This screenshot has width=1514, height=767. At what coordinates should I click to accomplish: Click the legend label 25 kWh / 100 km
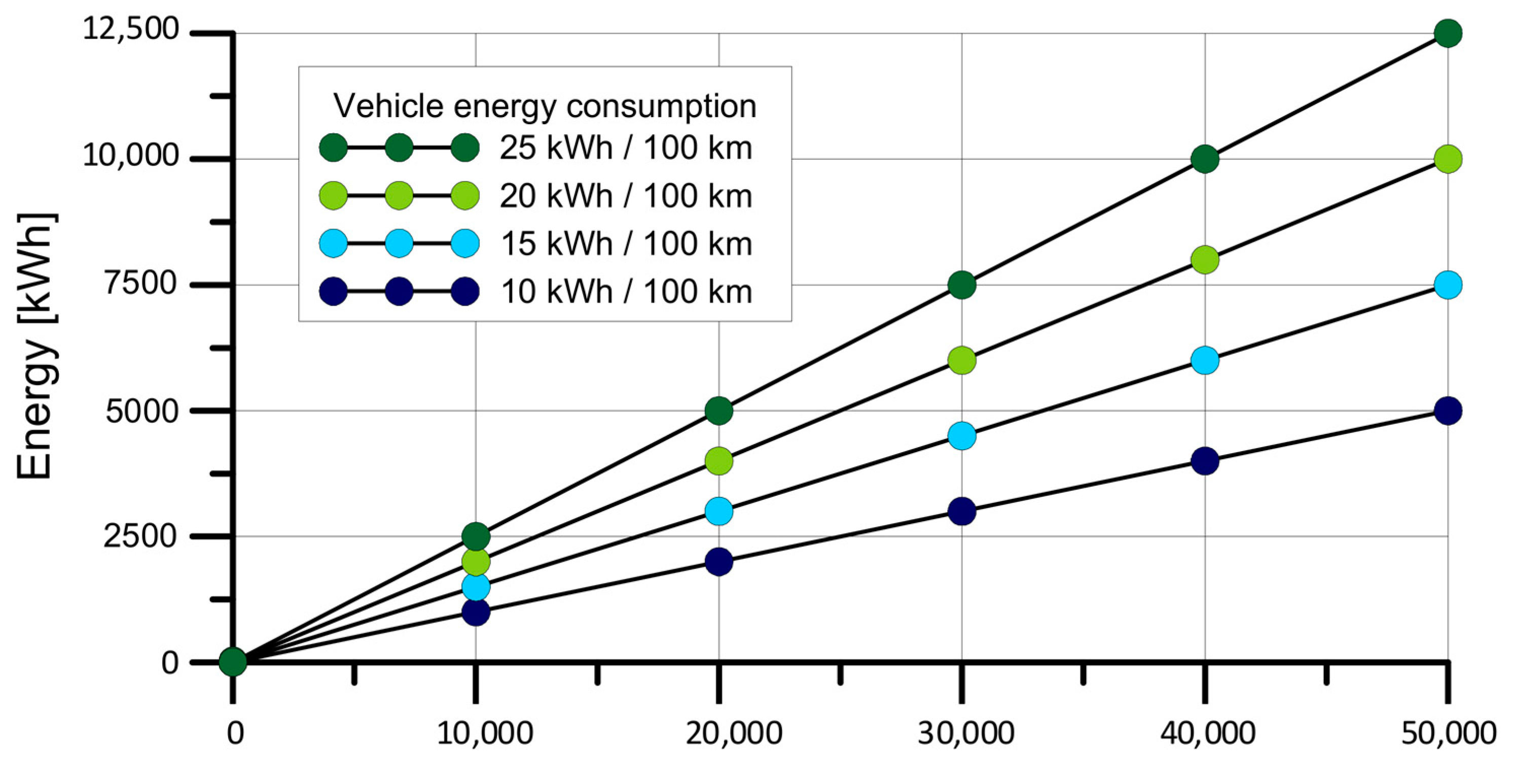(625, 148)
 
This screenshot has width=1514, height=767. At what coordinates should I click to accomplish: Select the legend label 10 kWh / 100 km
(625, 291)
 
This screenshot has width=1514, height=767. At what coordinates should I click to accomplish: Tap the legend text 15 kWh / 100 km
(625, 243)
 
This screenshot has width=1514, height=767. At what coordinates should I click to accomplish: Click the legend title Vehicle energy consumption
(544, 106)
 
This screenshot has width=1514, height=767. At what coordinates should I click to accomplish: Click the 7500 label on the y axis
(141, 283)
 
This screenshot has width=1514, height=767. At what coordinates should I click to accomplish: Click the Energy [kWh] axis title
(37, 347)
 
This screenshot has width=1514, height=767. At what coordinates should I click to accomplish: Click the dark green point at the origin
(233, 663)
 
